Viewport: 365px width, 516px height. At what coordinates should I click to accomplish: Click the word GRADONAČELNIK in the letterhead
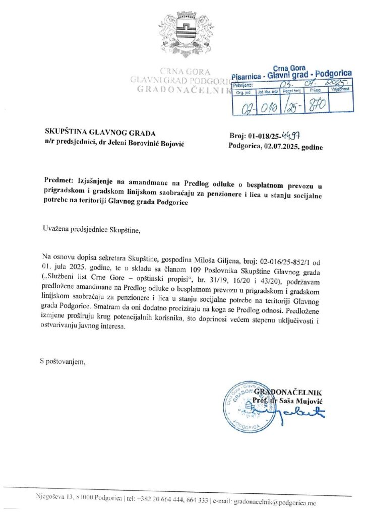tap(182, 90)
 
